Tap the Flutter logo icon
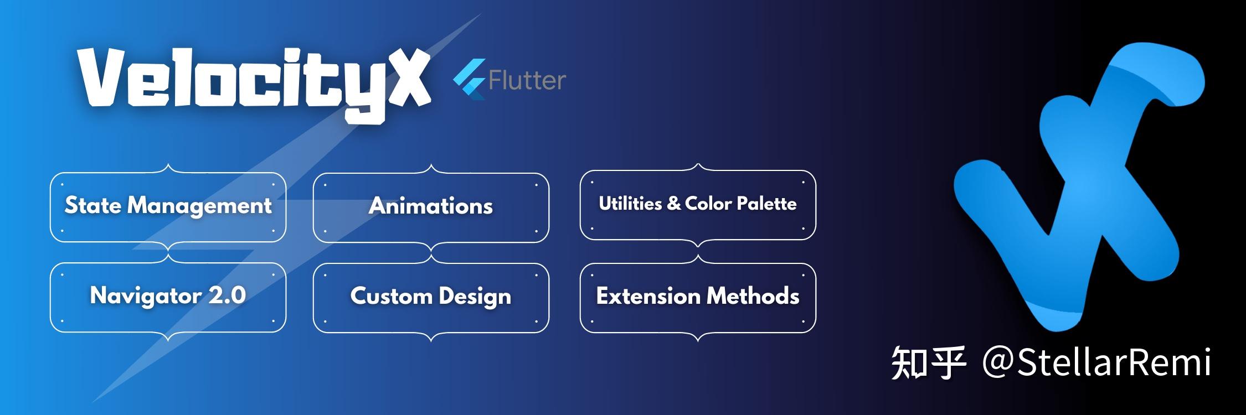470,79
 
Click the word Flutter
527,81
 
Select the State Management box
168,207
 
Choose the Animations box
431,207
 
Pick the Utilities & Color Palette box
698,205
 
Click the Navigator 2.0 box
168,297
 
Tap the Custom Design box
431,297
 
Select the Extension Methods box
698,297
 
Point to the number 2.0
227,295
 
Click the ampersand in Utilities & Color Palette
673,203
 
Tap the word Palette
766,204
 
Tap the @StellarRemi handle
1096,363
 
